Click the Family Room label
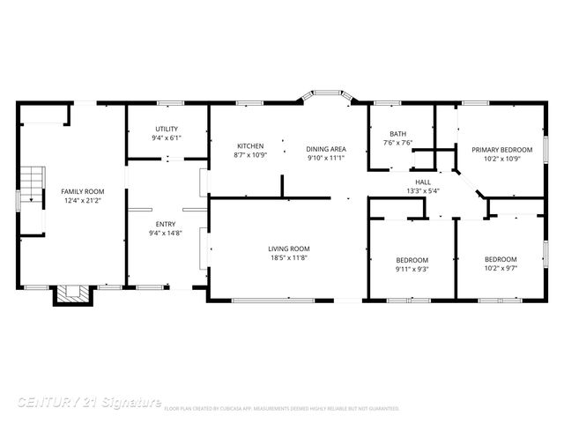click(82, 191)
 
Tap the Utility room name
click(167, 129)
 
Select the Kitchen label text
click(250, 145)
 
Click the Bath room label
click(398, 133)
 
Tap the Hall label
click(423, 181)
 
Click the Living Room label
click(289, 249)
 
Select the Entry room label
click(167, 223)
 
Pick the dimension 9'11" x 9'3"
click(412, 269)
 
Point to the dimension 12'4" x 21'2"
click(82, 201)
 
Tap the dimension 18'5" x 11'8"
click(289, 258)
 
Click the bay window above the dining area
click(327, 93)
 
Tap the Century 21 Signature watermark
click(88, 402)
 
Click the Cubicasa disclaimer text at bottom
click(282, 409)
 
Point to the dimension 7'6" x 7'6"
click(398, 143)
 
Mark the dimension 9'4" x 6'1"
click(167, 138)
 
